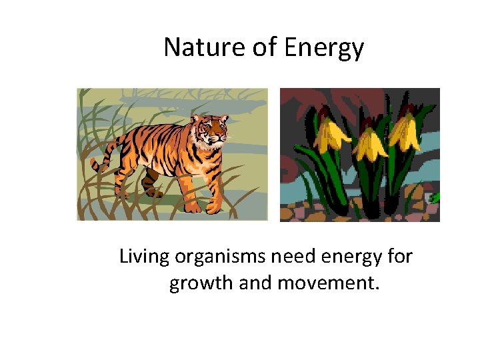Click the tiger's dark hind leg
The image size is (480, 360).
coord(152,183)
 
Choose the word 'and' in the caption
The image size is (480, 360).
coord(254,283)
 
